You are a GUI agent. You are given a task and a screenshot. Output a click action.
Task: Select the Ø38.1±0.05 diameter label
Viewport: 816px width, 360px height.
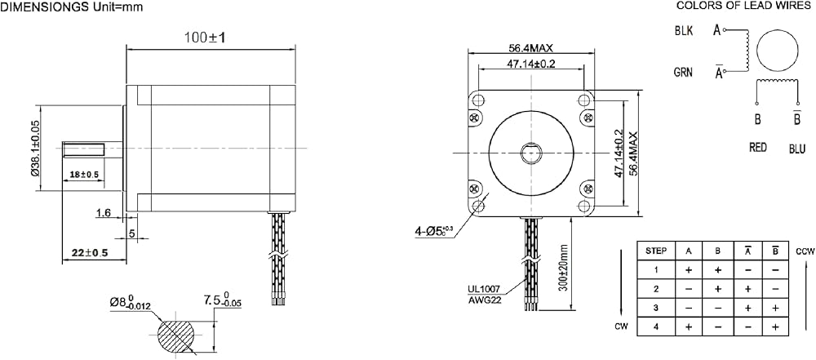tap(35, 149)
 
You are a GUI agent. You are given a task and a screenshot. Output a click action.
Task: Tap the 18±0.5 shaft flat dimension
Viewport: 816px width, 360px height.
tap(84, 174)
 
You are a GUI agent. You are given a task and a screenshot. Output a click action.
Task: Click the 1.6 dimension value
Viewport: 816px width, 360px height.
tap(103, 212)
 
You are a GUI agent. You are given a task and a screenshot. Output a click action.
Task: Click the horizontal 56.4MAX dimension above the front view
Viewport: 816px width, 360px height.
tap(531, 48)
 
